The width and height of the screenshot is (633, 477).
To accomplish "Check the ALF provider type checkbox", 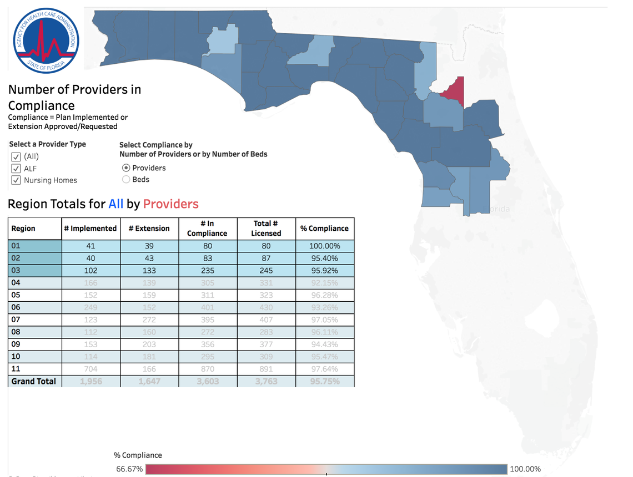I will [16, 169].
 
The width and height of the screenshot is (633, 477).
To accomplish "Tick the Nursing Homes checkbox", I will [16, 180].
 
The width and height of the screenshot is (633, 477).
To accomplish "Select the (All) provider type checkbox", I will [16, 156].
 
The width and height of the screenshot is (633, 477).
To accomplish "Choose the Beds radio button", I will [126, 180].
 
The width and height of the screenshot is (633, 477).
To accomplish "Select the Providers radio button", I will [126, 168].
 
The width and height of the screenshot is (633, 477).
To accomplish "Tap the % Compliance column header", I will [324, 229].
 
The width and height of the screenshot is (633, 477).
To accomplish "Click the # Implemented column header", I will [91, 229].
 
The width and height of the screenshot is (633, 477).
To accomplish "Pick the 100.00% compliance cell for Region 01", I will [324, 246].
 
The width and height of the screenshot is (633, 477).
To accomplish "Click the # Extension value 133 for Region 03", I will [149, 271].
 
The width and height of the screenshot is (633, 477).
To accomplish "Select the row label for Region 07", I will [16, 319].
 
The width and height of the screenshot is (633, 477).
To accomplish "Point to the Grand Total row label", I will [34, 382].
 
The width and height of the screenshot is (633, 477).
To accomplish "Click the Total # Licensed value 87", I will [266, 258].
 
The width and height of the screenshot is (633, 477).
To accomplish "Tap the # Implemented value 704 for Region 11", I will [91, 369].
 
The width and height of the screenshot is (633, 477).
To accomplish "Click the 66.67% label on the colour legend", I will [129, 469].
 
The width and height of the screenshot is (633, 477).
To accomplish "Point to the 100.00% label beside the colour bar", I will [525, 469].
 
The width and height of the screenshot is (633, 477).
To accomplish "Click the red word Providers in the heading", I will [170, 204].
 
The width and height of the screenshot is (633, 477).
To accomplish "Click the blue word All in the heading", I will [115, 204].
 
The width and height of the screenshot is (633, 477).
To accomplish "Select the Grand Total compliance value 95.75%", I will [324, 382].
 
